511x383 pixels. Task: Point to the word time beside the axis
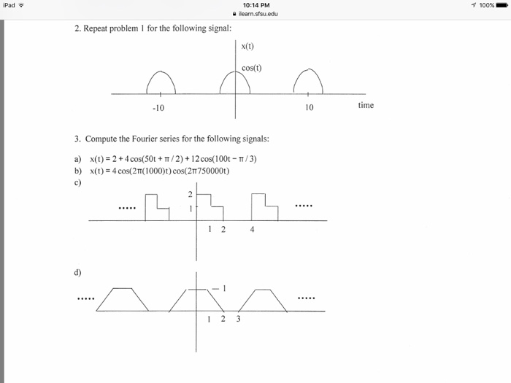366,105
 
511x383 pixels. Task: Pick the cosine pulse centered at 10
307,82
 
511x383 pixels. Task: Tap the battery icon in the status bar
500,6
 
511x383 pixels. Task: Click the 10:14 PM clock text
255,6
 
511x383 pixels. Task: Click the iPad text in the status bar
9,6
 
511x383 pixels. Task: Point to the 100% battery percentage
485,6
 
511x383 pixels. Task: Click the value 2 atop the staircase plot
190,194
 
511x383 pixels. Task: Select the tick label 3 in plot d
238,319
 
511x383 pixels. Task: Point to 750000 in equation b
212,171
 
